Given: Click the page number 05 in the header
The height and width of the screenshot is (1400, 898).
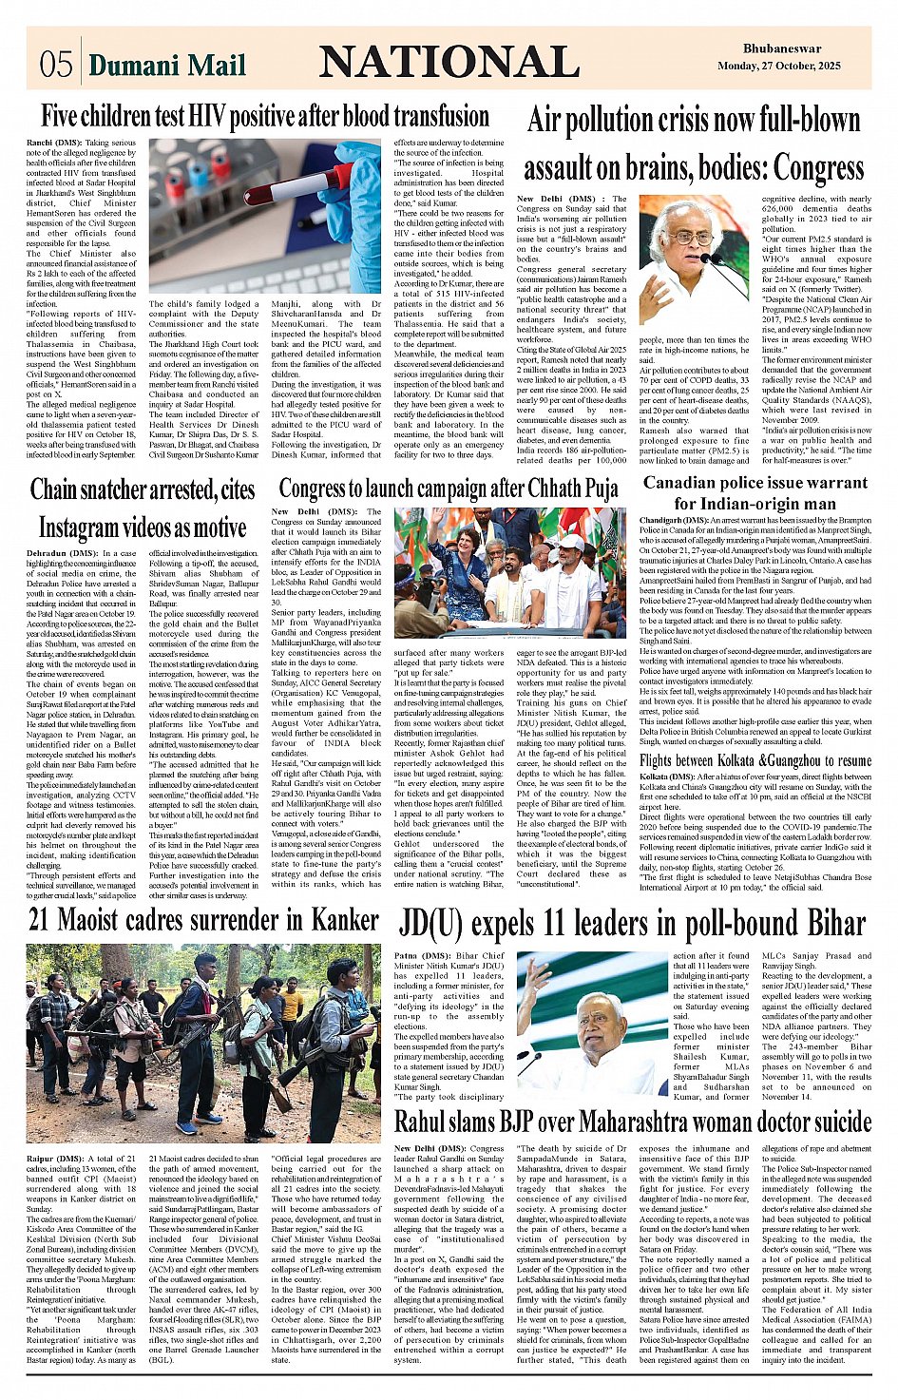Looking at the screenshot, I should coord(55,64).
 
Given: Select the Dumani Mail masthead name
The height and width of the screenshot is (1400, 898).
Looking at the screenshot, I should coord(167,65).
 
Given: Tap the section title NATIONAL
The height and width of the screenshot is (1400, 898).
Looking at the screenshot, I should coord(449,62).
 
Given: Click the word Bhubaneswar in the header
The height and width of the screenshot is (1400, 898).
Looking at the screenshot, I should coord(782,48).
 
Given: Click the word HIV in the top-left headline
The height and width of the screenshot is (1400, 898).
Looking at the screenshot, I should coord(209,117).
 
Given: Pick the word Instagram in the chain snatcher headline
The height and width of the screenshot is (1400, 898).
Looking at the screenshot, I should coord(90,527).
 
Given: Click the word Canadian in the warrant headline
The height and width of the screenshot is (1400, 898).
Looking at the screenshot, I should coord(688,483).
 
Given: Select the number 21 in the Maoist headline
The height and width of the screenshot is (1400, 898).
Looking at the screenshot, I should coord(40,920).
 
